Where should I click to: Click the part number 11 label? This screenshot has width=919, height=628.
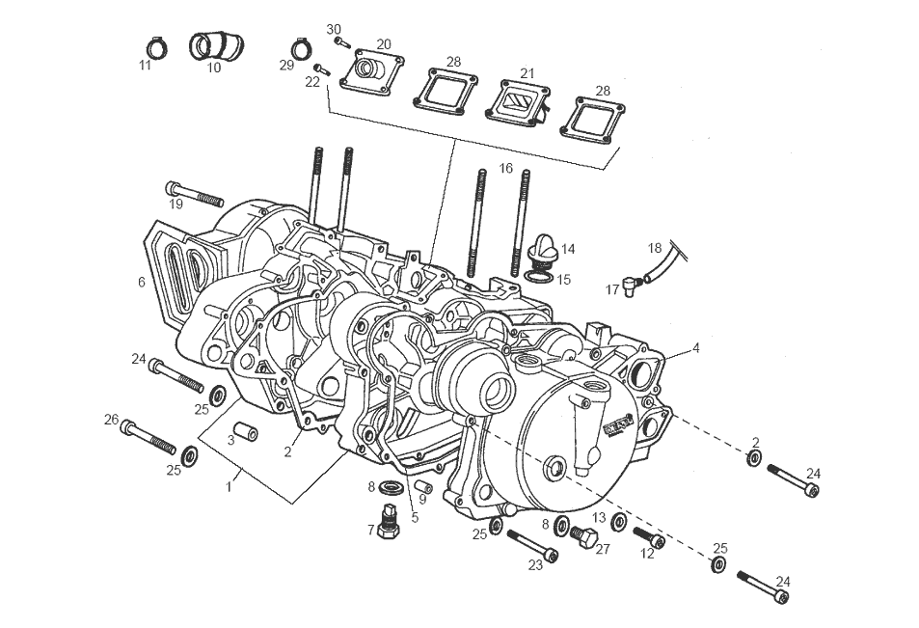pyautogui.click(x=145, y=66)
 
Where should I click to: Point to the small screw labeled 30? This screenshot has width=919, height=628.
pyautogui.click(x=340, y=41)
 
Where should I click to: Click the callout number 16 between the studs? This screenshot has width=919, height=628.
pyautogui.click(x=505, y=169)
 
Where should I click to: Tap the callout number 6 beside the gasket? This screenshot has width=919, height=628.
pyautogui.click(x=142, y=282)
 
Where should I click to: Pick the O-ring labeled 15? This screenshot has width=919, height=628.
pyautogui.click(x=539, y=279)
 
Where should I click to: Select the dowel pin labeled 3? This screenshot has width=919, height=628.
pyautogui.click(x=245, y=429)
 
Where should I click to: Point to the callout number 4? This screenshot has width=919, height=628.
pyautogui.click(x=695, y=347)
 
